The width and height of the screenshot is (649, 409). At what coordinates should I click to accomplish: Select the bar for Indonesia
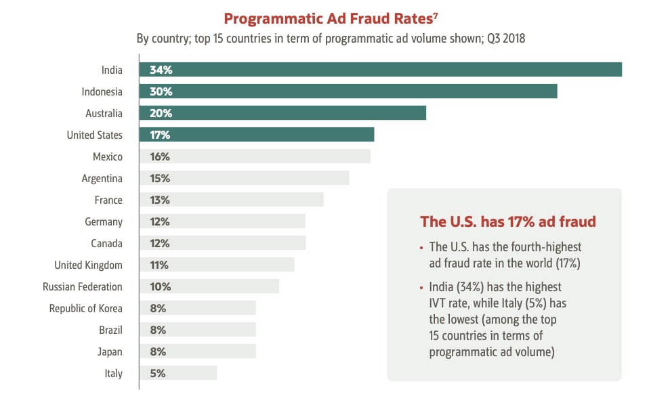[348, 91]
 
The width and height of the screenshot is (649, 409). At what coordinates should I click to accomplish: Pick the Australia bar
[282, 113]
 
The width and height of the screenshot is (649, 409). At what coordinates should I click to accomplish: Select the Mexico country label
[107, 156]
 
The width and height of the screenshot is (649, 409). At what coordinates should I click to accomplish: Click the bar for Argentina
[244, 178]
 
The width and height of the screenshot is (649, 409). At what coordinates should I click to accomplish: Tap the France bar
[231, 200]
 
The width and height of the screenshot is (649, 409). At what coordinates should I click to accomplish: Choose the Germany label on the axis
[104, 221]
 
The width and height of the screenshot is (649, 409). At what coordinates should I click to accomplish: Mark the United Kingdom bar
[217, 265]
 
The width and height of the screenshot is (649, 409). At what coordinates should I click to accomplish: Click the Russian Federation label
[83, 286]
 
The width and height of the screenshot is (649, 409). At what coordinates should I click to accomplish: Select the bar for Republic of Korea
[197, 308]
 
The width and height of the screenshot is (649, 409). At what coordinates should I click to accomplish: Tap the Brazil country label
[110, 330]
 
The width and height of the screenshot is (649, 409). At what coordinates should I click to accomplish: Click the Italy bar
[177, 373]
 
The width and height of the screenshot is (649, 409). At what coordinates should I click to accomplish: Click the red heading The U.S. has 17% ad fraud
[507, 221]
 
